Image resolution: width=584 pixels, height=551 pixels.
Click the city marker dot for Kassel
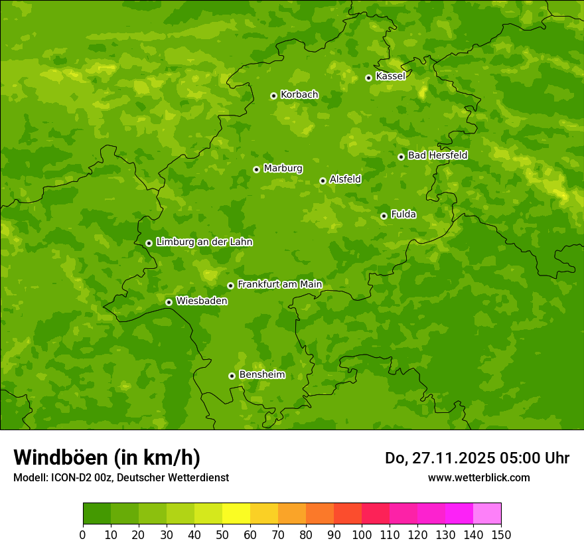pos(368,78)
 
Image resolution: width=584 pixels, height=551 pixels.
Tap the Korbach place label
pos(299,95)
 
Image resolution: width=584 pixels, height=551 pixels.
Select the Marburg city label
pos(283,169)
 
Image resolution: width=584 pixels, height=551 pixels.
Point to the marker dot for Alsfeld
pos(323,181)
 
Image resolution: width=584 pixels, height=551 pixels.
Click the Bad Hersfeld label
pos(437,155)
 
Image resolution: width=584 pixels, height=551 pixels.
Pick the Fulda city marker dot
pos(384,216)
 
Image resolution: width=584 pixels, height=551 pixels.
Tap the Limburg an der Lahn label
pos(204,242)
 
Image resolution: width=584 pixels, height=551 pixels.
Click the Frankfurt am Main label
pos(279,285)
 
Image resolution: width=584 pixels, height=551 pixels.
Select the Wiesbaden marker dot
pos(169,302)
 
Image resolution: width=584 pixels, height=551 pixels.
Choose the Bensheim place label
pos(261,375)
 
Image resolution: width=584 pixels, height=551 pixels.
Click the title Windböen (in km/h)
pos(107,457)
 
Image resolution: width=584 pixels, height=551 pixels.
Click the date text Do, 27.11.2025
pos(439,458)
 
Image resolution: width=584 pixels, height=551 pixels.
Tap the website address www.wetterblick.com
pos(478,477)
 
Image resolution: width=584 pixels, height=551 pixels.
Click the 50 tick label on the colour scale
pos(222,534)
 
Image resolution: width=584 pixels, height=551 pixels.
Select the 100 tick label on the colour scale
pos(362,534)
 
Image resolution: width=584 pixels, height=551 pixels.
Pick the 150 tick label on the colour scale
pos(501,534)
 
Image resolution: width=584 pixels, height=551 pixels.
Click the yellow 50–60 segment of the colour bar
pos(236,514)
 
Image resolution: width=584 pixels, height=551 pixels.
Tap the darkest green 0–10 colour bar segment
pos(97,514)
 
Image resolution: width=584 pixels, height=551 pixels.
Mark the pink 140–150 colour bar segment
pos(487,514)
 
